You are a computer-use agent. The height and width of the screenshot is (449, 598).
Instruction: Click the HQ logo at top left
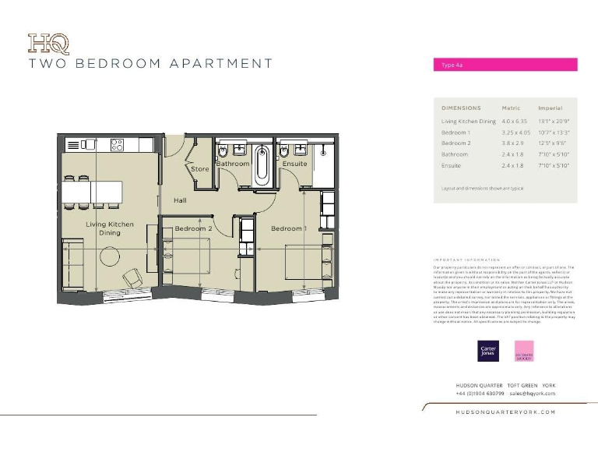click(48, 44)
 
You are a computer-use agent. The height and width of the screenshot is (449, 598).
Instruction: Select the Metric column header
click(511, 108)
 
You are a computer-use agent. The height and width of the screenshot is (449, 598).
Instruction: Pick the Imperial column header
click(550, 108)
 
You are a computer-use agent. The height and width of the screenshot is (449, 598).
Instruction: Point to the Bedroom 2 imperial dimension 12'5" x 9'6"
click(554, 143)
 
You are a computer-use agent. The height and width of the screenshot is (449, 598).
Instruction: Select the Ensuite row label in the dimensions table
click(452, 166)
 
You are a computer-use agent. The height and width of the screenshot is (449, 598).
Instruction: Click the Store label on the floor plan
click(200, 168)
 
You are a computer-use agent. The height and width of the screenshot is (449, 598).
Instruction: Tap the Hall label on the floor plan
click(180, 200)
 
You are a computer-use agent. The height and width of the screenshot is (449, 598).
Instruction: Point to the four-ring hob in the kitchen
click(118, 144)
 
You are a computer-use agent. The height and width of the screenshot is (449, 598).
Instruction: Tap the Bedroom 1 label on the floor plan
click(288, 228)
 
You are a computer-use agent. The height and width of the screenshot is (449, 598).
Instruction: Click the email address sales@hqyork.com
click(532, 394)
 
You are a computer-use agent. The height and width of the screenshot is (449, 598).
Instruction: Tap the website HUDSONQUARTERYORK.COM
click(505, 412)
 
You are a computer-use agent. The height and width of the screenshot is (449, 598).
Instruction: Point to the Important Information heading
click(466, 260)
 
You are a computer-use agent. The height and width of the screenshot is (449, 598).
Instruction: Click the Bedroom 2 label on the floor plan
click(193, 228)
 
